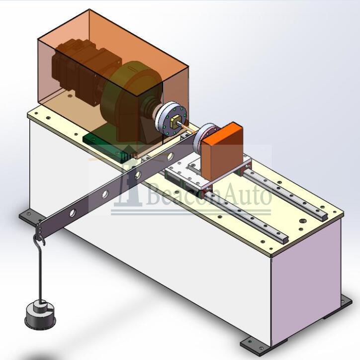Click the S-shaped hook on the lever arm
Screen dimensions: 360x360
point(39,239)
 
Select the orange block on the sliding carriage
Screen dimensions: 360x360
point(222,152)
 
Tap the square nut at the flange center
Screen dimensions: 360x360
point(175,121)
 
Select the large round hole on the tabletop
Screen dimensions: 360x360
point(303,221)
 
